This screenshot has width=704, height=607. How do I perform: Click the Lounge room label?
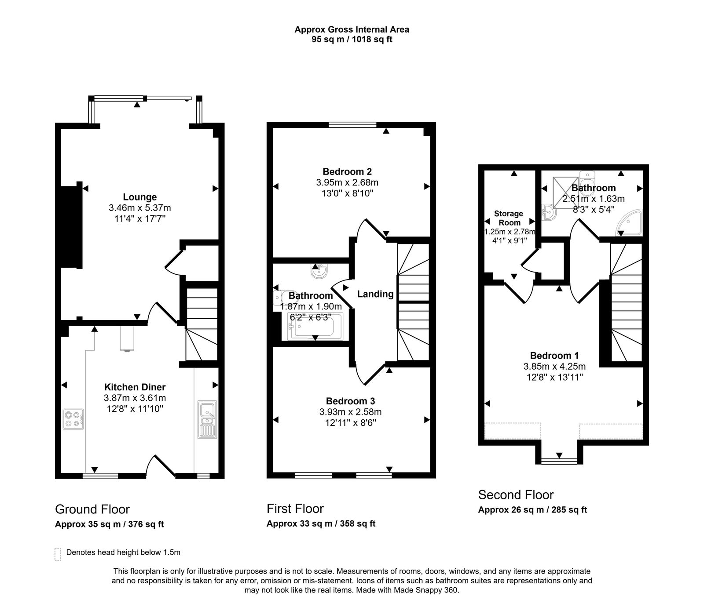[139, 197]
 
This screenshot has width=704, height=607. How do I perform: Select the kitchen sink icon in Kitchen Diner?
[207, 419]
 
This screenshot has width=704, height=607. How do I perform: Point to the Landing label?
[375, 294]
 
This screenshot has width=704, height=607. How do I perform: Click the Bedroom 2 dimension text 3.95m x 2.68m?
[347, 182]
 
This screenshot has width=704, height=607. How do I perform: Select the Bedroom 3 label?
[350, 401]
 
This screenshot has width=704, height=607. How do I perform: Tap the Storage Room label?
[509, 218]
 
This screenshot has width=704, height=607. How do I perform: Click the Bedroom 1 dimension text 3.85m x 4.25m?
[554, 366]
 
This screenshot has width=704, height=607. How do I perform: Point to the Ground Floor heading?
[92, 509]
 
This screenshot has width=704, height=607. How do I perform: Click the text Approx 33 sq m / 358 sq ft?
[321, 523]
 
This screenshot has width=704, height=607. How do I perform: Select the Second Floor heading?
[516, 495]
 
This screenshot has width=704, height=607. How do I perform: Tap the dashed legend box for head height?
[58, 554]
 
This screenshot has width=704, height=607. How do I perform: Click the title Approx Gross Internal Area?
[352, 29]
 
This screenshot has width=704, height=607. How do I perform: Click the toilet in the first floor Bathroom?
[279, 297]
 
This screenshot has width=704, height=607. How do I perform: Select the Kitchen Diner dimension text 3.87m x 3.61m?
[135, 398]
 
